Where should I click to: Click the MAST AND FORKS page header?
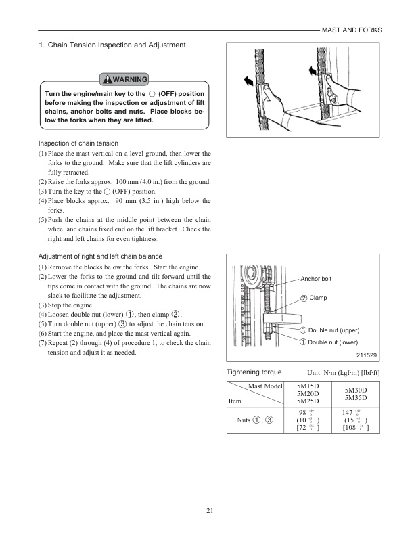click(x=351, y=30)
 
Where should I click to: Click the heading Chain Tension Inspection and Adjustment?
click(x=112, y=45)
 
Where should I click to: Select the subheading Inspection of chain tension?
click(x=78, y=143)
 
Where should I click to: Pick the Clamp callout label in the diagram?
click(x=317, y=298)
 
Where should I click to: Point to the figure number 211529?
click(x=365, y=355)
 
